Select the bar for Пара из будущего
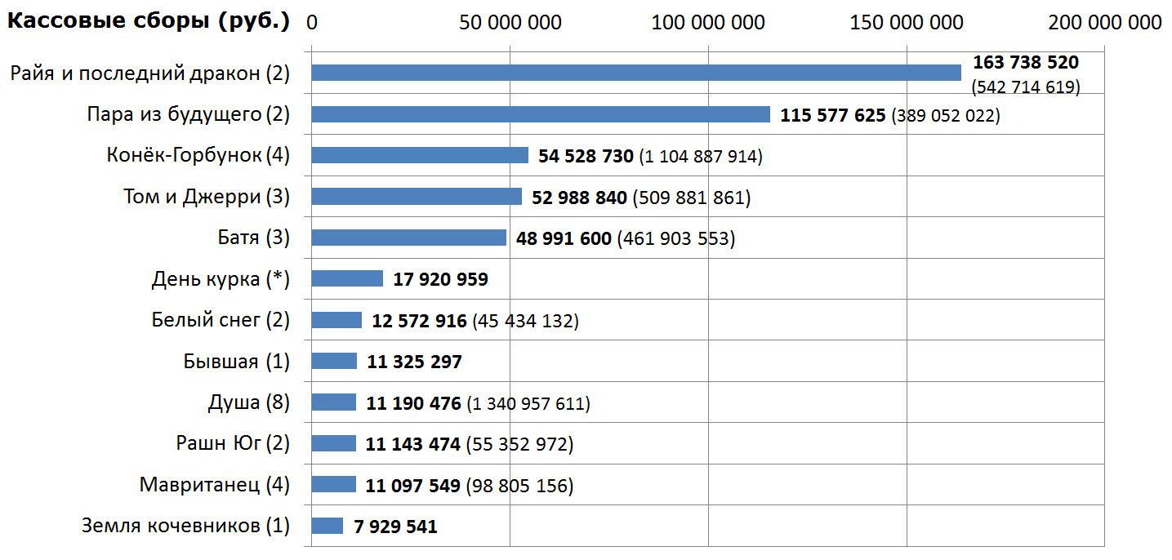[x=540, y=114]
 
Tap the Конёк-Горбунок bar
[x=420, y=155]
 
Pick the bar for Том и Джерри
[x=417, y=197]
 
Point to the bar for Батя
[x=408, y=238]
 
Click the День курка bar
[x=347, y=279]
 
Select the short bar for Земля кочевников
[x=327, y=526]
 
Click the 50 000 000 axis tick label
[x=510, y=22]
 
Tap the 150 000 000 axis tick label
[x=907, y=22]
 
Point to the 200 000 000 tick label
[x=1104, y=22]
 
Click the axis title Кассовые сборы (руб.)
[x=149, y=22]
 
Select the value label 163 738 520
[x=1025, y=62]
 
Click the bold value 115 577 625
[x=832, y=115]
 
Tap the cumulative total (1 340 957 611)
[x=528, y=403]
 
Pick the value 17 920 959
[x=440, y=279]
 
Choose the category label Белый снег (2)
[x=221, y=320]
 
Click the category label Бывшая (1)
[x=236, y=361]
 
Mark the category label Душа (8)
[x=248, y=402]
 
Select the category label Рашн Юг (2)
[x=233, y=443]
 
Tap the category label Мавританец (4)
[x=214, y=485]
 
